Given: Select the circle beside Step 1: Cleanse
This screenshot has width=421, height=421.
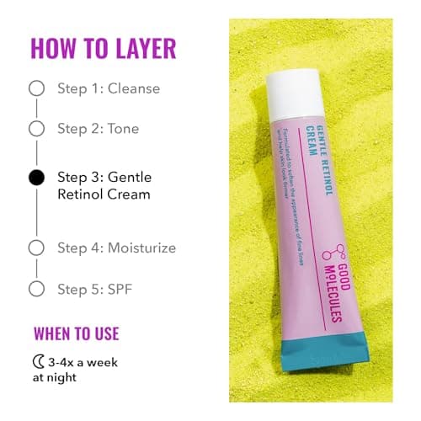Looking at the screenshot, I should tap(35, 88).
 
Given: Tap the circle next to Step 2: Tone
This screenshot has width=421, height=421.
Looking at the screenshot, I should tap(35, 129).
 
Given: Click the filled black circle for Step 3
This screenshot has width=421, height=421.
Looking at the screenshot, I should tap(35, 178).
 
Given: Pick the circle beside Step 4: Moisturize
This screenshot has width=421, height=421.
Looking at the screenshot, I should tap(35, 248).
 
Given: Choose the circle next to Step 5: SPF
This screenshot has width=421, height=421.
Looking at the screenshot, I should tap(35, 288).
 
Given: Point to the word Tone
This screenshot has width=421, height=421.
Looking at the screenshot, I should tap(123, 129).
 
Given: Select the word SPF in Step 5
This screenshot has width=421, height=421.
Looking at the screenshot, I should tap(120, 288).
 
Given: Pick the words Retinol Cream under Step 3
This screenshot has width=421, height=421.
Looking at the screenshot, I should tap(104, 195).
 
